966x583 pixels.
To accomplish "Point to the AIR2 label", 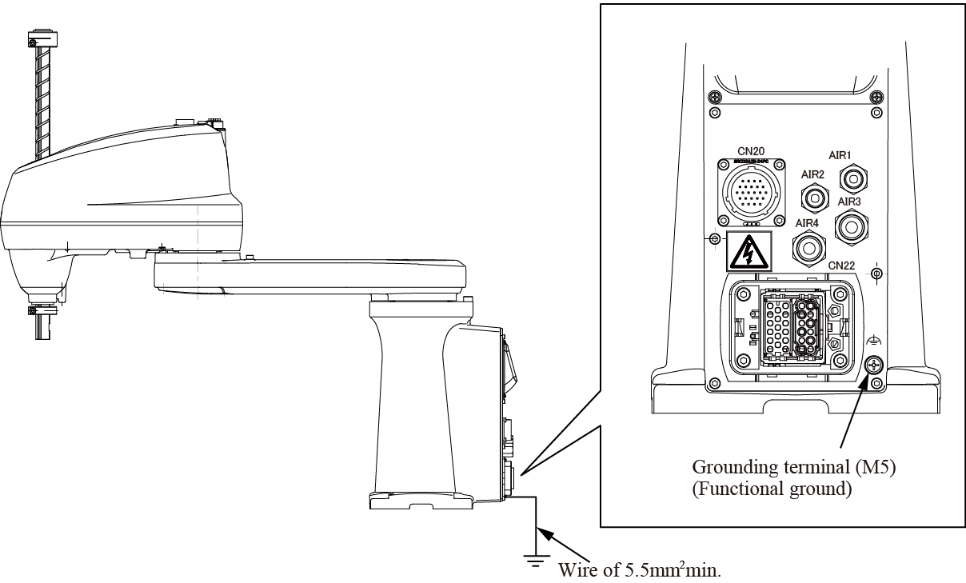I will [x=814, y=173].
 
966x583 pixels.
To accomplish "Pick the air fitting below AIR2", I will [x=815, y=196].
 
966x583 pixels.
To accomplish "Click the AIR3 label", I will [x=849, y=202].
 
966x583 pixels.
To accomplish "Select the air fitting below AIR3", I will [x=851, y=226].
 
